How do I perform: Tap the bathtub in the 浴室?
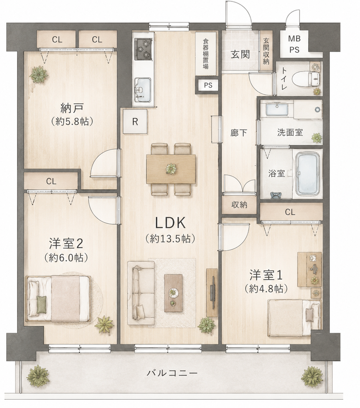(x=308, y=174)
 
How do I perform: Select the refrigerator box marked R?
(x=135, y=122)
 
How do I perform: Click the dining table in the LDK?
(x=171, y=169)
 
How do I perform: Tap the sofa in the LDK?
(x=141, y=293)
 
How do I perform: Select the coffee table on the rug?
(x=174, y=293)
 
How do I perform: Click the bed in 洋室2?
(x=58, y=299)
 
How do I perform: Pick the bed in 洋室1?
(x=294, y=318)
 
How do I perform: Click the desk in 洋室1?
(x=310, y=269)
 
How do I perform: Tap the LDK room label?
(x=170, y=223)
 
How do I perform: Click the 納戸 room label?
(x=72, y=108)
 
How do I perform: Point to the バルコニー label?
(x=172, y=373)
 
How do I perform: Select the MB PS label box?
(x=294, y=44)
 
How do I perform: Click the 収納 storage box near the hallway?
(x=239, y=205)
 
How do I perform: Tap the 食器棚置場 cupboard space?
(x=206, y=54)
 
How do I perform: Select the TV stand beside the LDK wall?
(x=212, y=293)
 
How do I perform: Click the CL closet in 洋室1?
(x=291, y=212)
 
